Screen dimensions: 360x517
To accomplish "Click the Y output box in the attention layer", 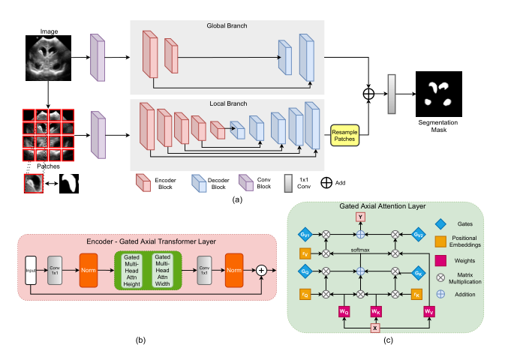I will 360,217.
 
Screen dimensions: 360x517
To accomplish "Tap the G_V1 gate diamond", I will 305,235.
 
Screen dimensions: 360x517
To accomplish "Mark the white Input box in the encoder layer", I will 30,269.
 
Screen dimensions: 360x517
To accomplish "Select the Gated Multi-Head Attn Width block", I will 161,269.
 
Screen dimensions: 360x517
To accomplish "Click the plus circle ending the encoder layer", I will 261,269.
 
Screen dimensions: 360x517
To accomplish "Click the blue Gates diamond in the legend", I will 441,223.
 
